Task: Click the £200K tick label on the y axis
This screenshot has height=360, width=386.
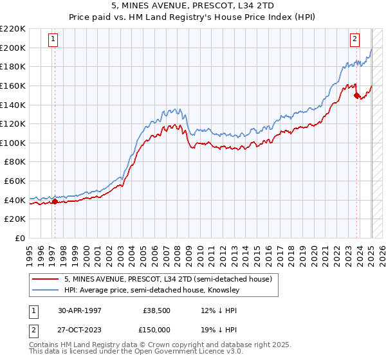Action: coord(13,48)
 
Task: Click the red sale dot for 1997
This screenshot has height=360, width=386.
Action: coord(55,201)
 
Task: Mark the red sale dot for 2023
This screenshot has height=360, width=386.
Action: coord(356,95)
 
